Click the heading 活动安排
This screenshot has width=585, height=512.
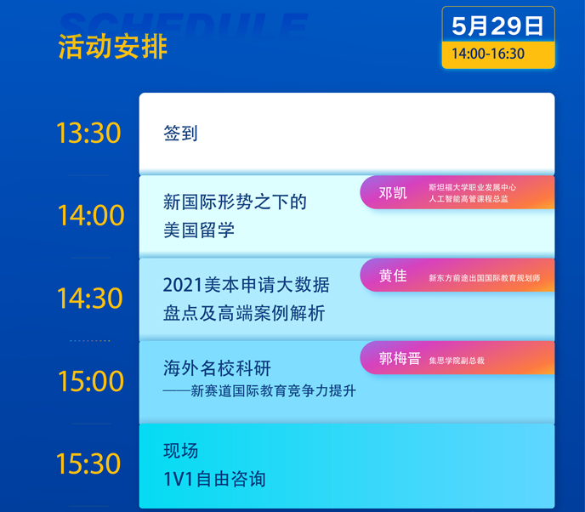pyautogui.click(x=113, y=47)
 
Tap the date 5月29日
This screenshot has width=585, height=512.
pyautogui.click(x=497, y=26)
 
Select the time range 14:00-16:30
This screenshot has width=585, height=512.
pyautogui.click(x=488, y=54)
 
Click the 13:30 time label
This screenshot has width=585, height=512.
pyautogui.click(x=88, y=133)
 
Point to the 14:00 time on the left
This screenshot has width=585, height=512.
pyautogui.click(x=91, y=215)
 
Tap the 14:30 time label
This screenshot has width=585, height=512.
pyautogui.click(x=89, y=299)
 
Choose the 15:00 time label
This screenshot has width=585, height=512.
pyautogui.click(x=91, y=381)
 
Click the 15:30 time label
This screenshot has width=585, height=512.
pyautogui.click(x=88, y=464)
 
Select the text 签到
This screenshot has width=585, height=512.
pyautogui.click(x=180, y=134)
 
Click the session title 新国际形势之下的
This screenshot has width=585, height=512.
pyautogui.click(x=235, y=202)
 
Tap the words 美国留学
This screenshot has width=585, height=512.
pyautogui.click(x=199, y=230)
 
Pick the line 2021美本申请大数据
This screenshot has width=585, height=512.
pyautogui.click(x=247, y=285)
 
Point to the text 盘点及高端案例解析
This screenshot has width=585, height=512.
pyautogui.click(x=244, y=313)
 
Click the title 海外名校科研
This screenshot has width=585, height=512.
pyautogui.click(x=217, y=368)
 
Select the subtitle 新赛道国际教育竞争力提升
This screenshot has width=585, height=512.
pyautogui.click(x=274, y=391)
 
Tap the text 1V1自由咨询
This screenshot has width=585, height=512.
pyautogui.click(x=214, y=479)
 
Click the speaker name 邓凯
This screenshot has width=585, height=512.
pyautogui.click(x=393, y=193)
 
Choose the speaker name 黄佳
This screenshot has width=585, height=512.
pyautogui.click(x=393, y=276)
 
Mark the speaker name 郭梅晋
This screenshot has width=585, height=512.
pyautogui.click(x=400, y=359)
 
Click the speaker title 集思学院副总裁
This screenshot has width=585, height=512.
pyautogui.click(x=457, y=361)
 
